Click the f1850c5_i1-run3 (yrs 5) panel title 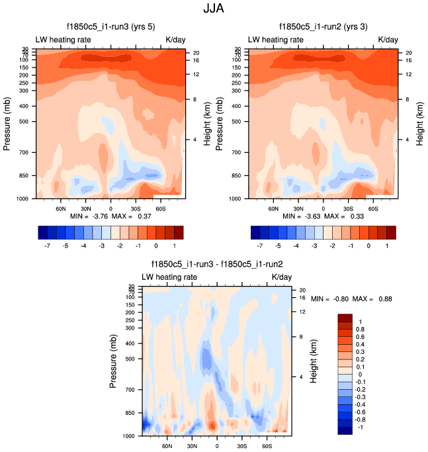click(111, 26)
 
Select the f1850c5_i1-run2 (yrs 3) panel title click(324, 26)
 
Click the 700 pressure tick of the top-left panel click(26, 152)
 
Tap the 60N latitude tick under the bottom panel click(167, 446)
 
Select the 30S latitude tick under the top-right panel click(348, 208)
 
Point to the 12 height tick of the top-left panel click(196, 74)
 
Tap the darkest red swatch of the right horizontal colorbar click(391, 232)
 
